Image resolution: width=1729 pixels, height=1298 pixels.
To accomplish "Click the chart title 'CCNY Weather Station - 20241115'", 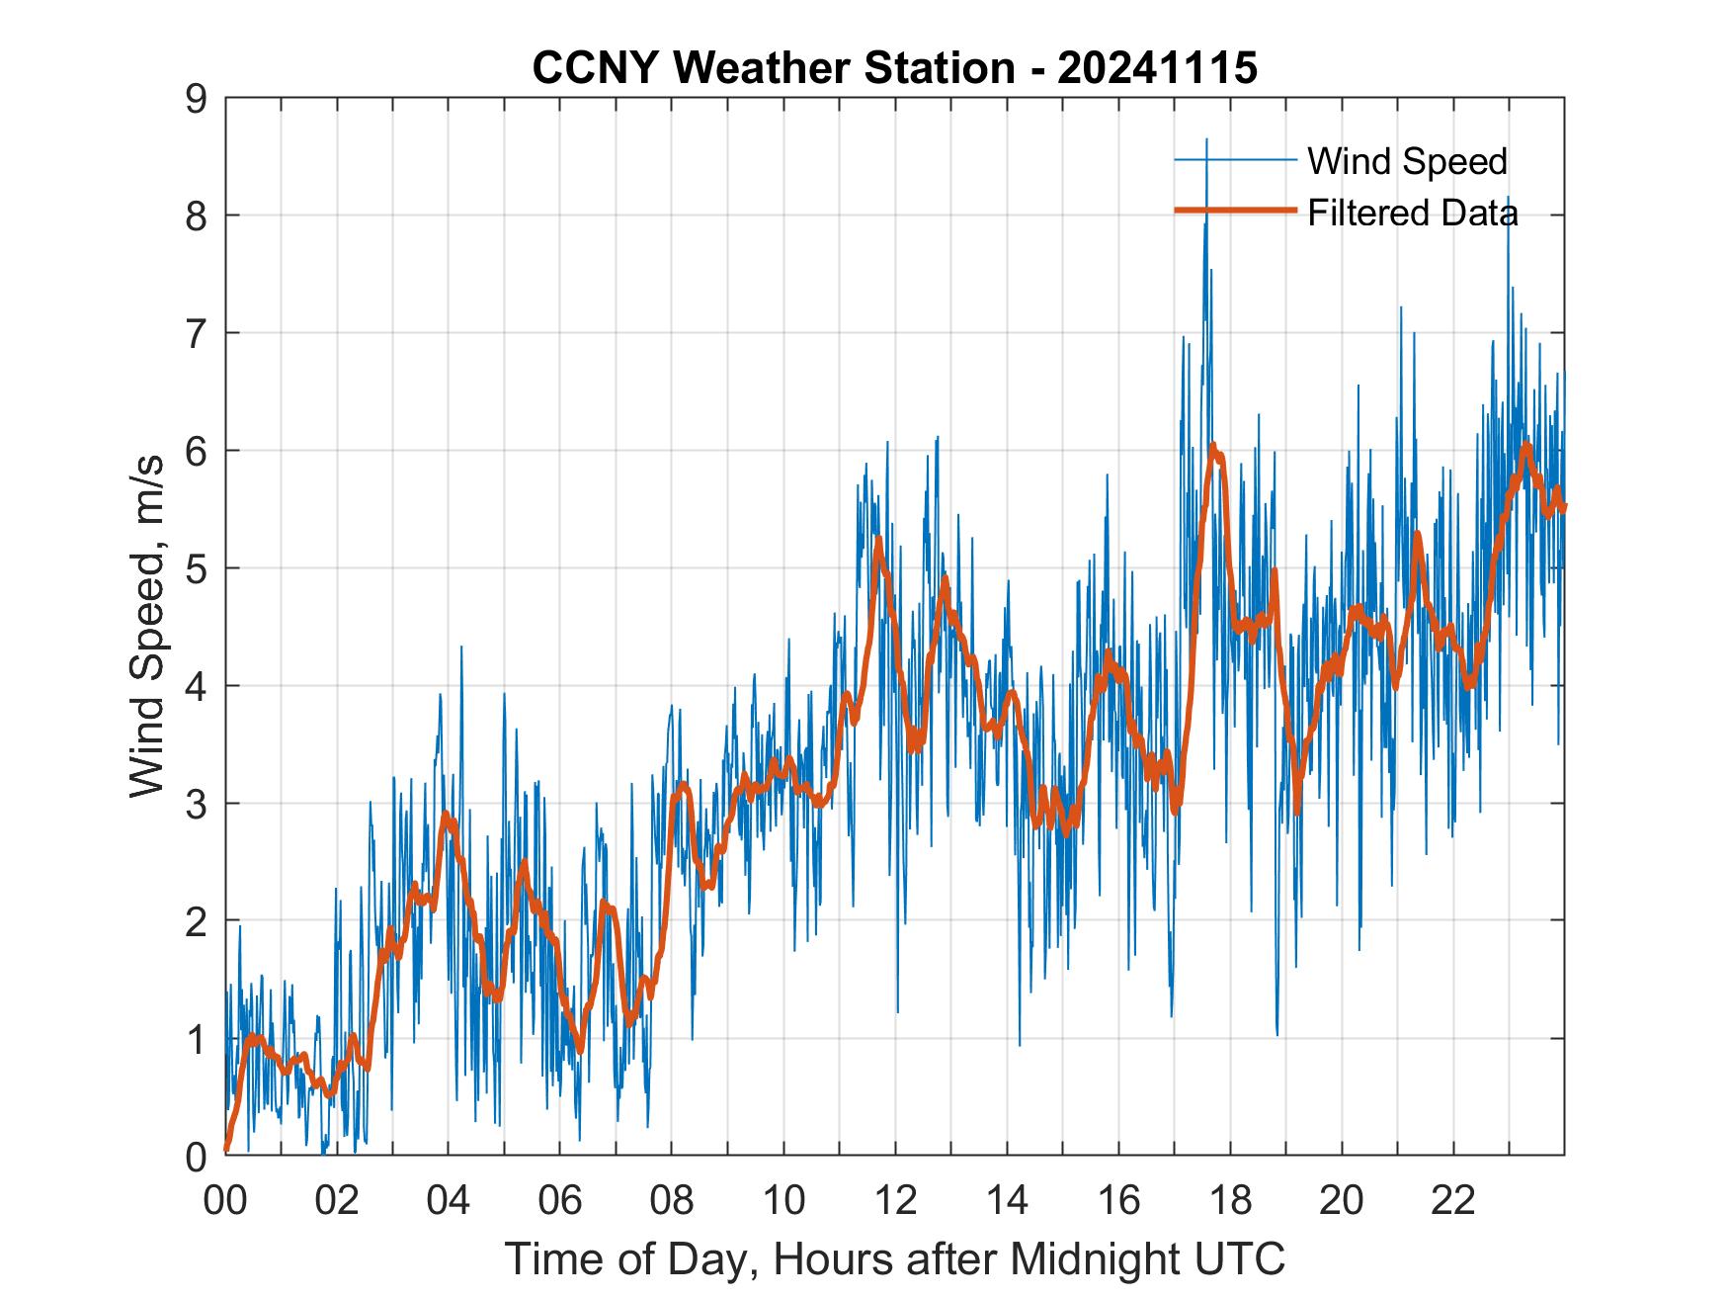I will (x=894, y=67).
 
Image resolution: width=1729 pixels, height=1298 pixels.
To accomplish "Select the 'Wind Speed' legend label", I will (x=1407, y=161).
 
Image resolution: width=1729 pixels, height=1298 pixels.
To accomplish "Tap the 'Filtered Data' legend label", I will (x=1412, y=213).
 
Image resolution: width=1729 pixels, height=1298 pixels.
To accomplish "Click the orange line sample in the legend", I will (x=1234, y=211).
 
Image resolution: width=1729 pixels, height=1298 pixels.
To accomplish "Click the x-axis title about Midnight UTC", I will (x=894, y=1258).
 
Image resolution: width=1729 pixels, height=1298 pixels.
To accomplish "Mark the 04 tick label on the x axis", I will (x=448, y=1202).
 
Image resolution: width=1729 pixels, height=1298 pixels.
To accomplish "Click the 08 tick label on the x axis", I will (x=672, y=1202).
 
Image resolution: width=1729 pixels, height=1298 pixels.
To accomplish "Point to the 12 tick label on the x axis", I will (x=895, y=1202).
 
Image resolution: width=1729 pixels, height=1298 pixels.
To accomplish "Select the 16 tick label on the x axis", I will (x=1118, y=1202).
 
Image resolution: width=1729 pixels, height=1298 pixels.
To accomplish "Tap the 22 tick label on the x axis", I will (x=1453, y=1202).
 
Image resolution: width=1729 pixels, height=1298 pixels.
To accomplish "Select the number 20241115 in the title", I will (x=1157, y=67).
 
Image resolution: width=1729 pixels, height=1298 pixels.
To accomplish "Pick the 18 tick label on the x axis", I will (x=1230, y=1202).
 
